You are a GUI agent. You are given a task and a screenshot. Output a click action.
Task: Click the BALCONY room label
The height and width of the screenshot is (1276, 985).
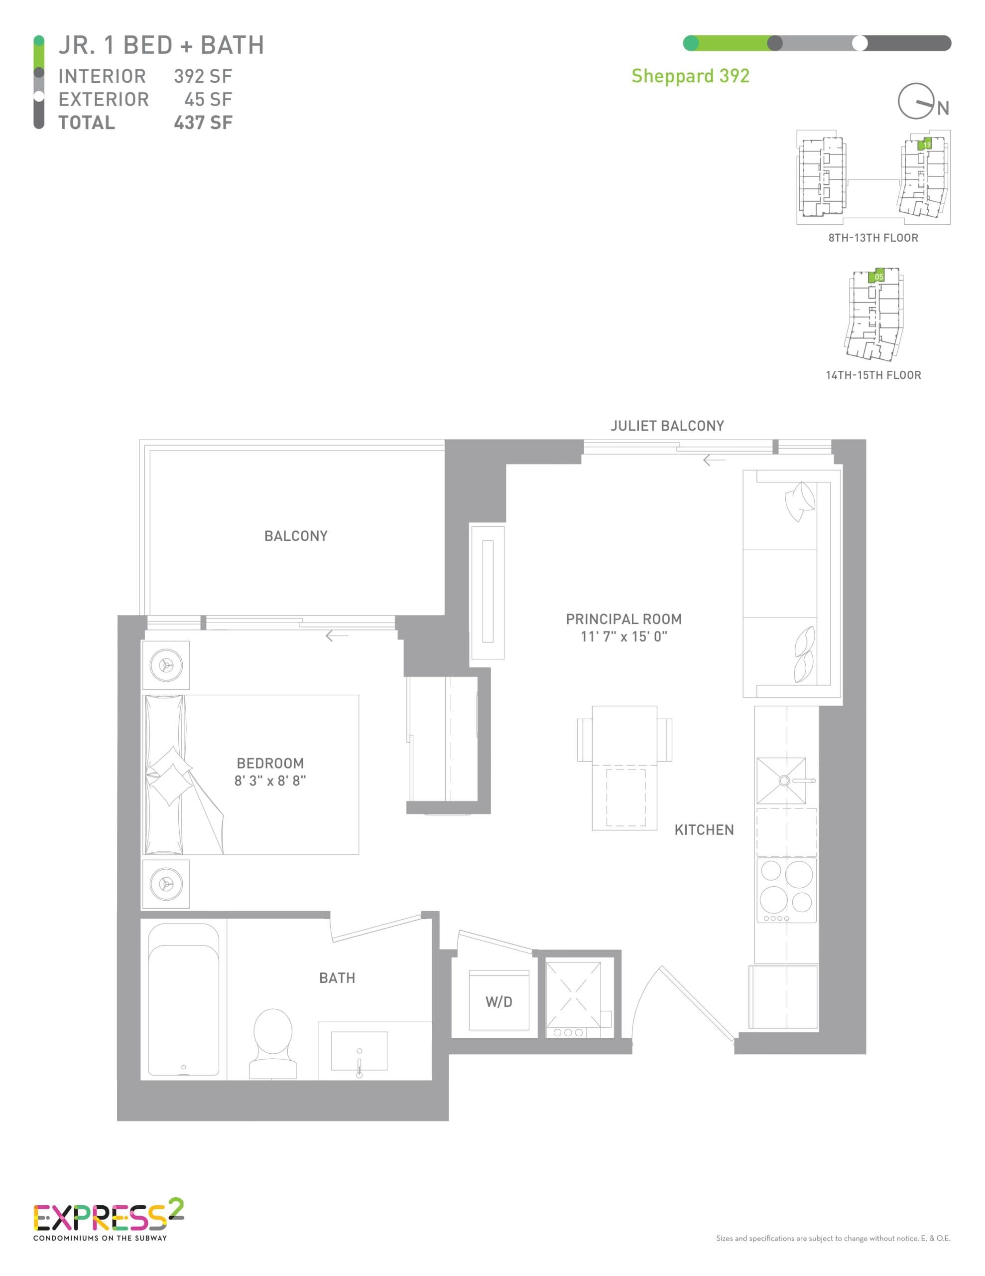pos(295,536)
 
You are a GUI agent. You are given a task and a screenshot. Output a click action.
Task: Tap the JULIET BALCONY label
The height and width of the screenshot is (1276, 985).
pos(667,426)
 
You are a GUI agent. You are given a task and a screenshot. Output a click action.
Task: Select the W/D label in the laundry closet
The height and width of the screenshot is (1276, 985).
pos(498,1002)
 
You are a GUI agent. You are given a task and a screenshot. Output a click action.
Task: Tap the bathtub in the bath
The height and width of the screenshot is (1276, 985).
pos(183,1000)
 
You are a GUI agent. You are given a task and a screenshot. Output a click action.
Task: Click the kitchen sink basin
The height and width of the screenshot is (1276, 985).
pos(781,781)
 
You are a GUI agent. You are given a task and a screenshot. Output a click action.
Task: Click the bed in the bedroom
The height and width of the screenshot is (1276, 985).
pos(251,775)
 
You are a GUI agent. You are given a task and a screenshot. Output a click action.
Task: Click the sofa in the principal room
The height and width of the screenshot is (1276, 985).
pos(788,584)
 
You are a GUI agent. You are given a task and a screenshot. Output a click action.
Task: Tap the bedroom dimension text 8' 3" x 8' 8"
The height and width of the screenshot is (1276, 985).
pos(270,781)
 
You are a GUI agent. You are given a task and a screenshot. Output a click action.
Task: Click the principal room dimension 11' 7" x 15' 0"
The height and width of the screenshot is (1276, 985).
pos(623,637)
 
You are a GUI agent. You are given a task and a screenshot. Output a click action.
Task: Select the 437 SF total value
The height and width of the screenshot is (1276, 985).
pos(203,123)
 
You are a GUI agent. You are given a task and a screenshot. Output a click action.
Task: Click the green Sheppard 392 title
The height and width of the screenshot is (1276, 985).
pos(690,76)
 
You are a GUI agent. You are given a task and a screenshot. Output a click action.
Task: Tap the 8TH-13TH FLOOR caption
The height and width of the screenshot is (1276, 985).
pos(873,238)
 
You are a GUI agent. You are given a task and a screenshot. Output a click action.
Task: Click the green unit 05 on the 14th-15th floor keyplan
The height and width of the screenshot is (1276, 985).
pos(877,276)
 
